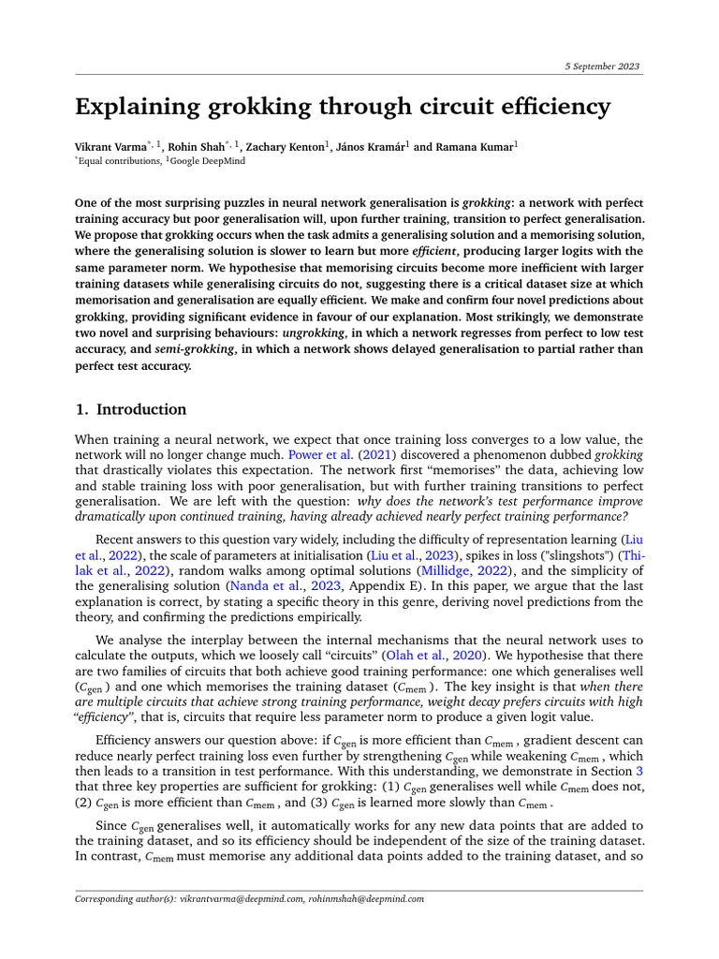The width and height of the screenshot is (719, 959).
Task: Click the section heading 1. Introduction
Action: pyautogui.click(x=130, y=409)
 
